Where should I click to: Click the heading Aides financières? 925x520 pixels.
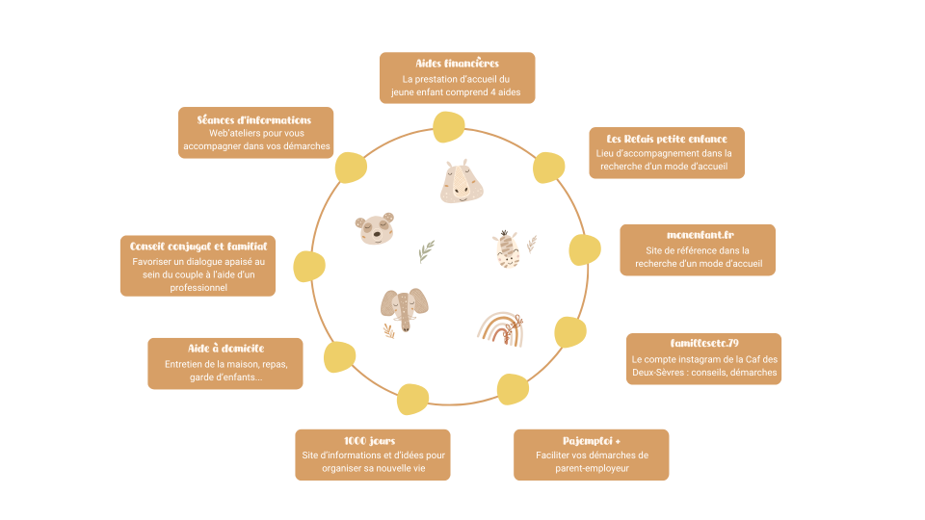point(457,64)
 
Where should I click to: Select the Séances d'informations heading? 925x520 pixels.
point(253,119)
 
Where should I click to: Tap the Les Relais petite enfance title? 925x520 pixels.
point(667,139)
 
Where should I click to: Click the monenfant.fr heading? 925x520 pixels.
point(700,235)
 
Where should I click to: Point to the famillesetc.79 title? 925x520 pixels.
point(704,343)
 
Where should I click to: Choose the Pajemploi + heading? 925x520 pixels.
point(591,440)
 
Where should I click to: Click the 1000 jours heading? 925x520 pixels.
point(369,440)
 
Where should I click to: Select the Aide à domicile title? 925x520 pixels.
point(225,349)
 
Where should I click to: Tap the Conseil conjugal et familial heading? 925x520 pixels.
point(198,247)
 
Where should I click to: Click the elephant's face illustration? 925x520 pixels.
point(404,309)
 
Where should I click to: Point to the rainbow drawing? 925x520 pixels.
point(500,329)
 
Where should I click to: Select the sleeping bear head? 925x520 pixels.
point(375,229)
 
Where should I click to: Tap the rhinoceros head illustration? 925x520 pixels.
point(462,182)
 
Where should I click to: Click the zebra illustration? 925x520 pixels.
point(506,250)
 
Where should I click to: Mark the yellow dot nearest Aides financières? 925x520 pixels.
point(449,127)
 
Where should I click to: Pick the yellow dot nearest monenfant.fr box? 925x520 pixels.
point(585,250)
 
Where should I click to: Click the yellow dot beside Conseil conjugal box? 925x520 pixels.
point(309,267)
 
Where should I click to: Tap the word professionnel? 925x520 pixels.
point(198,288)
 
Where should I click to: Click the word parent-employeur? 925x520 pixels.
point(592,469)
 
